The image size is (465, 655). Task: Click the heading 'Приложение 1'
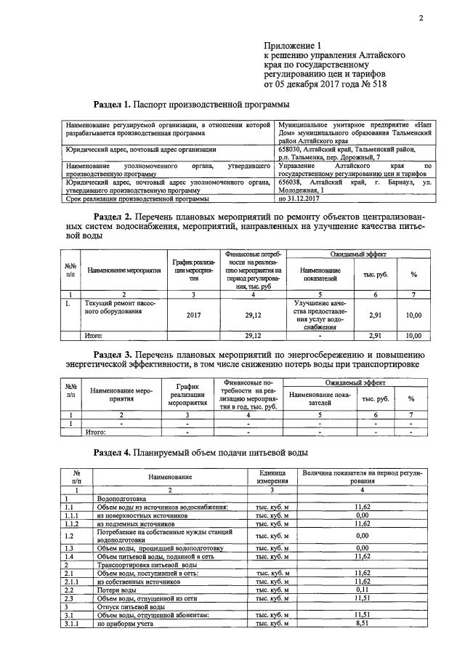pyautogui.click(x=294, y=45)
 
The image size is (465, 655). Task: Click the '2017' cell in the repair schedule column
pyautogui.click(x=194, y=316)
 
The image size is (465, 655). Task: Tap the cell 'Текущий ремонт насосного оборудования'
pyautogui.click(x=121, y=307)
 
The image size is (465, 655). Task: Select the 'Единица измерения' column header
pyautogui.click(x=270, y=477)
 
